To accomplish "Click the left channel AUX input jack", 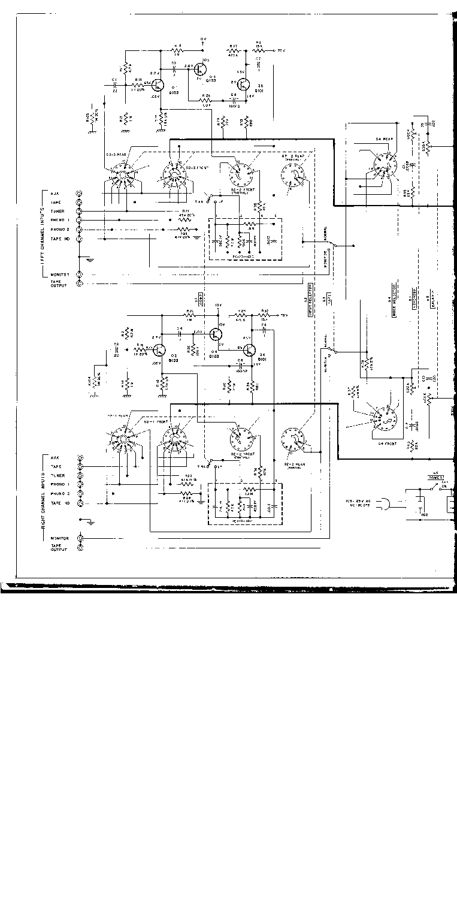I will tap(80, 193).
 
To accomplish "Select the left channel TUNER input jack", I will tap(80, 211).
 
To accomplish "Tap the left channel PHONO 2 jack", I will tap(80, 229).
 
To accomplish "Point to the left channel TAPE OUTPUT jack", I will tap(80, 284).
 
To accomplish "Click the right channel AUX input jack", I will tap(80, 457).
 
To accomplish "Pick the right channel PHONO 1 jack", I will tap(80, 484).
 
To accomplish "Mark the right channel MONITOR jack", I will tap(80, 538).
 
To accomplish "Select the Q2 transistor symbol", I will tap(159, 350).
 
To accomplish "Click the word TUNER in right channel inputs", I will tap(57, 475).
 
